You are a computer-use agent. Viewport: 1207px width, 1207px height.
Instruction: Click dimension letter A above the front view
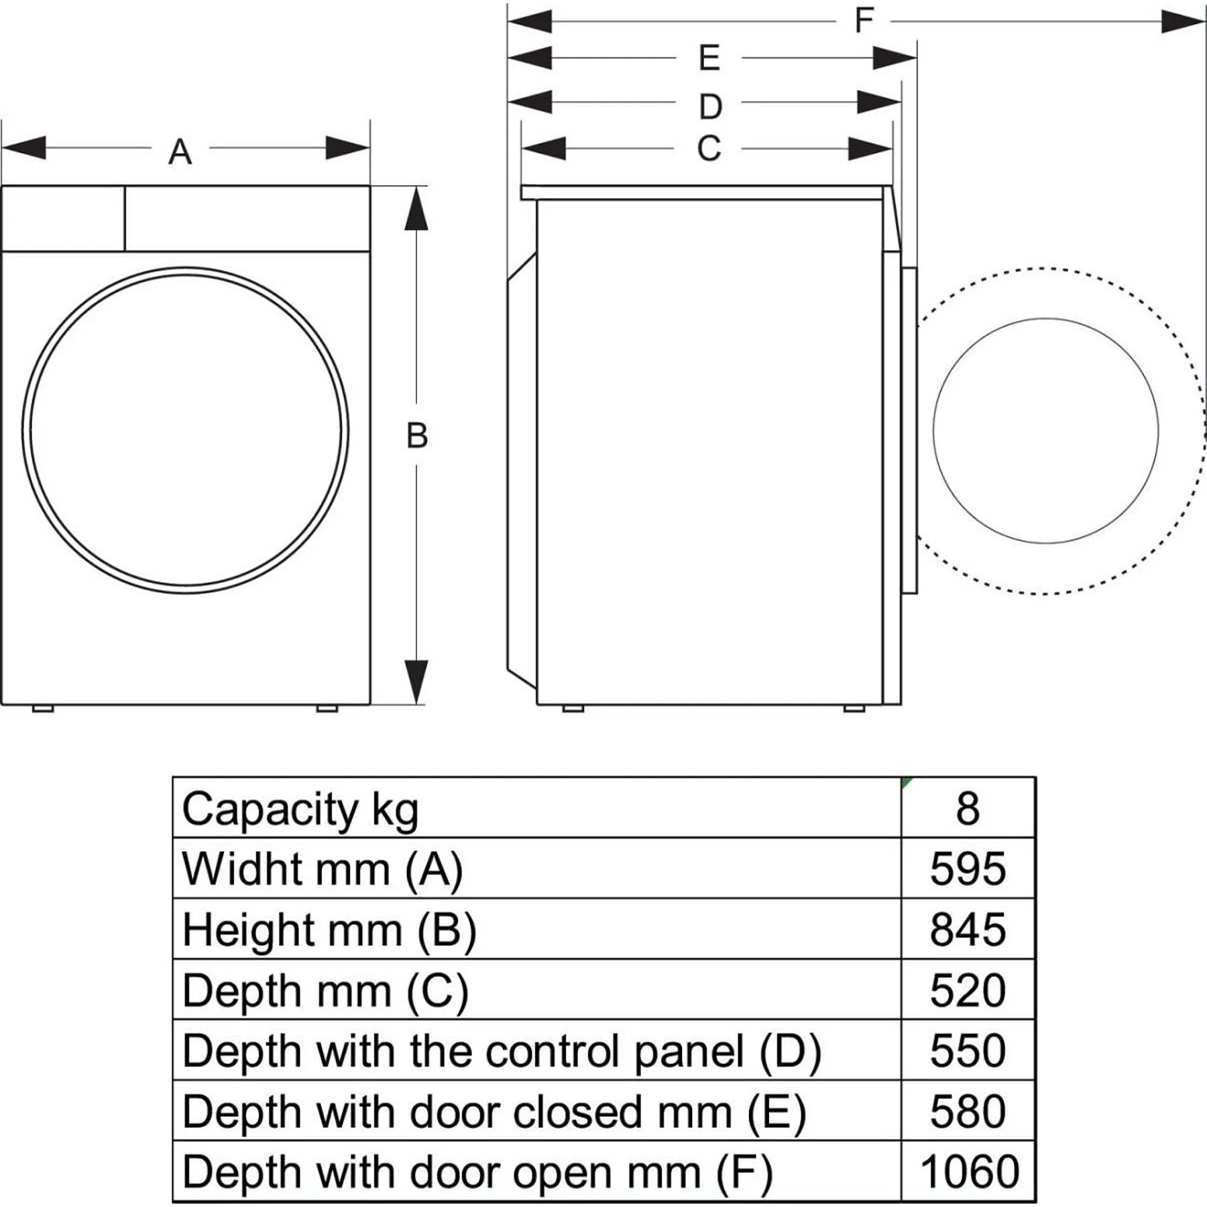pos(180,152)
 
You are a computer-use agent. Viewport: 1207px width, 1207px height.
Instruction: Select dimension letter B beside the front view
pos(417,435)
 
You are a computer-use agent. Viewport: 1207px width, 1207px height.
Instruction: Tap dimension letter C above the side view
pos(709,148)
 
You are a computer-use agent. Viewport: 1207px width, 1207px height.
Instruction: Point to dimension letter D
pos(710,106)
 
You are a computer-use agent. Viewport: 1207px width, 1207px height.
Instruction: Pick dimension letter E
pos(709,58)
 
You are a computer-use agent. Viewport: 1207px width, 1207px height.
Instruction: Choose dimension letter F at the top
pos(864,20)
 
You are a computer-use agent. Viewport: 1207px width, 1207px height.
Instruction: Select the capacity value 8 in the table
pos(968,809)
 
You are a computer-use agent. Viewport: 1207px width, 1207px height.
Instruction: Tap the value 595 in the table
pos(968,869)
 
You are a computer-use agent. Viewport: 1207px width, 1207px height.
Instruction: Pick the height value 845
pos(968,929)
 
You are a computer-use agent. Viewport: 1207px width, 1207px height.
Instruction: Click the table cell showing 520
pos(968,990)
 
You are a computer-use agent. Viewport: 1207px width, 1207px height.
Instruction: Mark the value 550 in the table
pos(968,1051)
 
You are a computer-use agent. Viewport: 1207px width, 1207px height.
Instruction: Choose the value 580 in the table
pos(968,1112)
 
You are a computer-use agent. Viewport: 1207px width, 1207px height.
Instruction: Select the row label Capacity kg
pos(300,809)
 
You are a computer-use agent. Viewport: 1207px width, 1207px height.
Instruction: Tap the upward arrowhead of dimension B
pos(416,209)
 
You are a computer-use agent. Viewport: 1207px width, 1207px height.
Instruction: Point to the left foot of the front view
pos(43,708)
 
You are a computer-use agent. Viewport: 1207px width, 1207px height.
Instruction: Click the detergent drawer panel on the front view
pos(63,219)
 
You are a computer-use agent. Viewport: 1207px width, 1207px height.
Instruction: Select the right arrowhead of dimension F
pos(1183,21)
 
